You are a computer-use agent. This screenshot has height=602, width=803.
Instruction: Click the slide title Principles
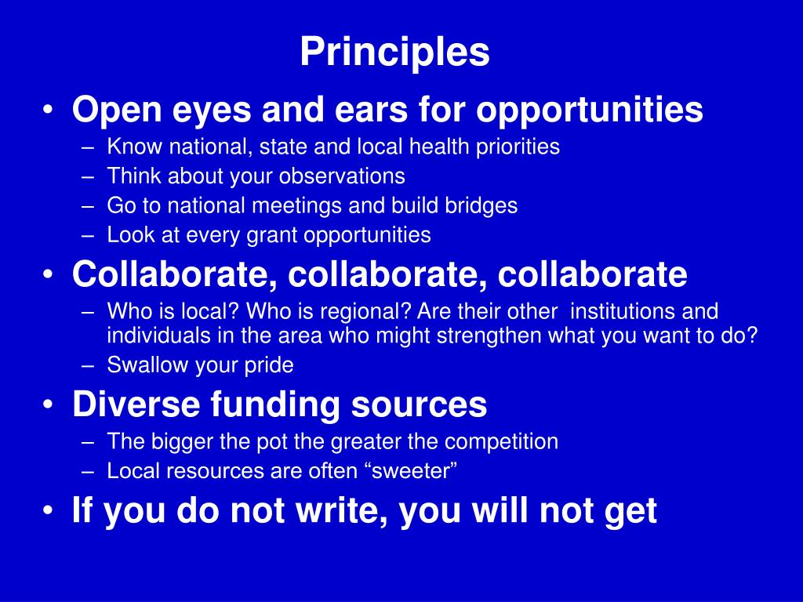tap(394, 53)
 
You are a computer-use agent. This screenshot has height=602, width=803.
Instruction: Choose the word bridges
tap(481, 205)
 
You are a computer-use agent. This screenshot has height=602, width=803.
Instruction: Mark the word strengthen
tap(464, 335)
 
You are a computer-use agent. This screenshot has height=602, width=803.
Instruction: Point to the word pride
tap(266, 365)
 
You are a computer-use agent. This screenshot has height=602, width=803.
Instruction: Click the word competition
tap(503, 441)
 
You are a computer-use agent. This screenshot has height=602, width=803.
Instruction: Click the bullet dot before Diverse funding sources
tap(49, 405)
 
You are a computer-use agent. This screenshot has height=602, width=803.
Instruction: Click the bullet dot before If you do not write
tap(49, 511)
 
